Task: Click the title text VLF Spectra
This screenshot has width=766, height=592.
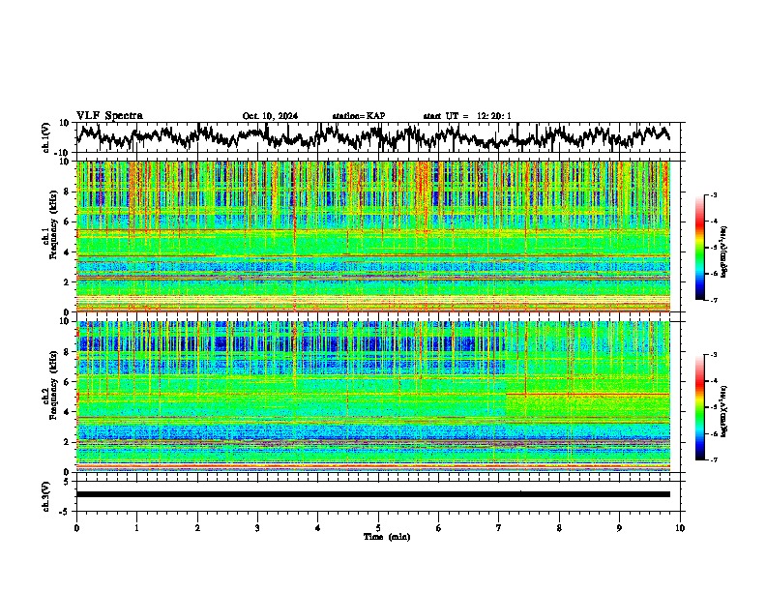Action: point(109,116)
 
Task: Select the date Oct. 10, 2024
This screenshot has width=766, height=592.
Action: point(270,116)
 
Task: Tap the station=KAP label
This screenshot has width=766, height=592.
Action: point(359,116)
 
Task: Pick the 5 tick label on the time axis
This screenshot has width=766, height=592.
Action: point(378,528)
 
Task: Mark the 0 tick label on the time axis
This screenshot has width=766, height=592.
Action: point(76,528)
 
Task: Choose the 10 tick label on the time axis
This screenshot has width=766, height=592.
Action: point(680,528)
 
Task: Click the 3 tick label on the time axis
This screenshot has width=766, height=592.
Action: point(257,528)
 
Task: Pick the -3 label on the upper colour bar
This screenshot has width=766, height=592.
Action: point(714,195)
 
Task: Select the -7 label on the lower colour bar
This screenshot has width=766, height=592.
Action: point(714,460)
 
